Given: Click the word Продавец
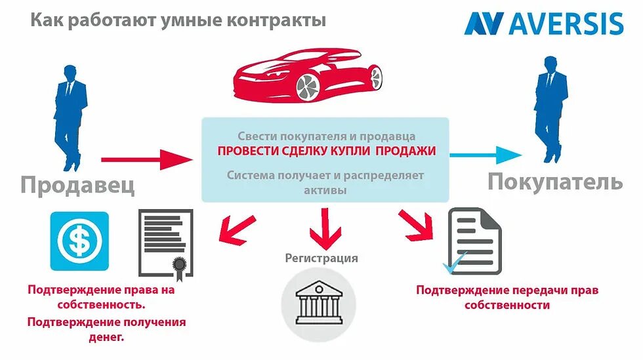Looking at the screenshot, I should (77, 184).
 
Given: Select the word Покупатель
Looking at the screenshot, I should (554, 181).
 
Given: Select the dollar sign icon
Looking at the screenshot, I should (79, 241).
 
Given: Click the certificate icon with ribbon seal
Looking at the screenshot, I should (166, 244).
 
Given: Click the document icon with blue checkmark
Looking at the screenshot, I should (472, 241).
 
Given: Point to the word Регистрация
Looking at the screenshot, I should (321, 258).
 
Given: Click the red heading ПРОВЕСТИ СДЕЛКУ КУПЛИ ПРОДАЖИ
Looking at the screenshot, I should (326, 151).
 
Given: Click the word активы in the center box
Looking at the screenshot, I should (325, 190).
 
